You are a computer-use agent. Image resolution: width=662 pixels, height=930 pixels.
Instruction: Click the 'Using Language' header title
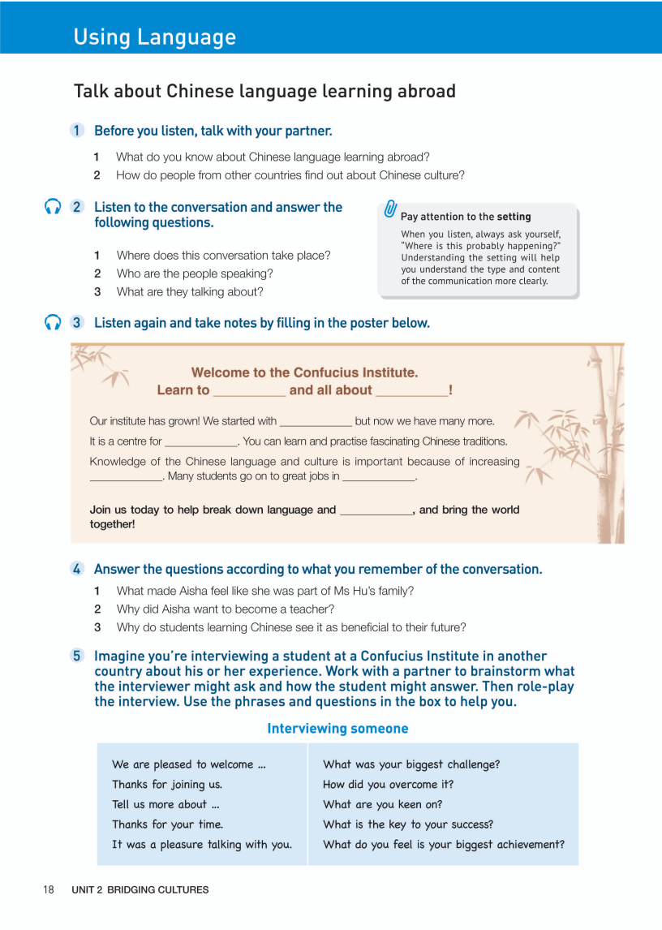[154, 37]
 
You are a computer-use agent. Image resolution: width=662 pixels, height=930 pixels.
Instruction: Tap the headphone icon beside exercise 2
[54, 207]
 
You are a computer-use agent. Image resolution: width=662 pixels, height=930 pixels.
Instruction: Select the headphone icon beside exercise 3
[54, 322]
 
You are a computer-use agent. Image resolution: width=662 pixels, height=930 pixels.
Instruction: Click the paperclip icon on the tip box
[390, 209]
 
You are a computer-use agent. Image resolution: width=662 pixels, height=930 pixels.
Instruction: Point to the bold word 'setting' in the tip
[514, 217]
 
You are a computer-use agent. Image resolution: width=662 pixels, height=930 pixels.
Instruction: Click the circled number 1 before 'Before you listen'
[77, 131]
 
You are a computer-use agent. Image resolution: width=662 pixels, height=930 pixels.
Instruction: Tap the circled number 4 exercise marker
[77, 569]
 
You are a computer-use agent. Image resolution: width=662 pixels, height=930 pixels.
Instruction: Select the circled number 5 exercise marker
[77, 656]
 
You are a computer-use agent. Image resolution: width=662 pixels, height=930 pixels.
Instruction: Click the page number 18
[49, 889]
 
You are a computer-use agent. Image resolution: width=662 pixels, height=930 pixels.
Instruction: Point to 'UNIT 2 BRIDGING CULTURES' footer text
[140, 889]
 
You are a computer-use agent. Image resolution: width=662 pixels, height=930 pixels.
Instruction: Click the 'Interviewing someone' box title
[337, 729]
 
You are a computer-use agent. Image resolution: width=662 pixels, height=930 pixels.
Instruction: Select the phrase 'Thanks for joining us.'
[167, 784]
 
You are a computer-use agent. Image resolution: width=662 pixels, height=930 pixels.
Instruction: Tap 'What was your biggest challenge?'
[411, 764]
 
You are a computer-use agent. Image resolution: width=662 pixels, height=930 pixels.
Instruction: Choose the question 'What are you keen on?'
[384, 804]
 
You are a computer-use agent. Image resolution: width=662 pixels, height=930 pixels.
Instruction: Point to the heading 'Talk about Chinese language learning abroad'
[264, 91]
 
